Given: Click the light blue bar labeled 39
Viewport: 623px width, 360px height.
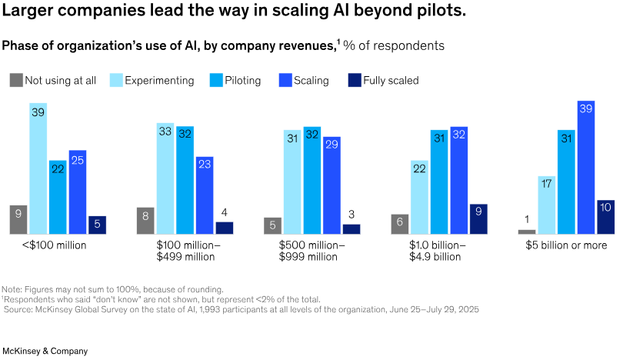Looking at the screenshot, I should pos(38,168).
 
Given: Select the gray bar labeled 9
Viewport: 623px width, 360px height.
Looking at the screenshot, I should pos(18,219).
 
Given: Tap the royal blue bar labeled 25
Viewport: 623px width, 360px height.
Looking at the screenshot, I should pos(78,192).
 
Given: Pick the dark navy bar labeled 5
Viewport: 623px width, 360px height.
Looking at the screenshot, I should pos(97,225).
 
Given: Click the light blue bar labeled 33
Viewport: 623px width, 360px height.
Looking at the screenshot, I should pos(165,178).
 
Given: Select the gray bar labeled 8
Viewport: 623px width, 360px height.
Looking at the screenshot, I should pos(146,220).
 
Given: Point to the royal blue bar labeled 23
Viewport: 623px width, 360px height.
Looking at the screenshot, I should pos(205,195).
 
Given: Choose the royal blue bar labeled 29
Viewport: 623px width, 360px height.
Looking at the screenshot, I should pos(331,185).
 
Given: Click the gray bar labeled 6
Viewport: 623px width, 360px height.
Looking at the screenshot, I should pos(400,223).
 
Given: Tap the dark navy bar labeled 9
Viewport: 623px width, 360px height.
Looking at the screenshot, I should pos(478,218).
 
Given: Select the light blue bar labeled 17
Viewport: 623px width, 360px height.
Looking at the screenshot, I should pos(547,205).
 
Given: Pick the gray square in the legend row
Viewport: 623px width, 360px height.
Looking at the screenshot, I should pos(16,80).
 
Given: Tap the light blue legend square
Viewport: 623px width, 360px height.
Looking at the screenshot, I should pos(117,80).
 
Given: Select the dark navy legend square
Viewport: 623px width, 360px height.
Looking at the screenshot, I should pos(355,80).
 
